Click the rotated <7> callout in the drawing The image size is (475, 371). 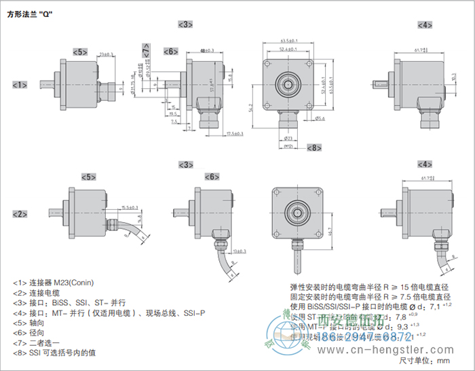pyautogui.click(x=147, y=49)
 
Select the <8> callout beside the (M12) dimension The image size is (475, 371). pyautogui.click(x=313, y=147)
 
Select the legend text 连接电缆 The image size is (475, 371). pyautogui.click(x=43, y=292)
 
